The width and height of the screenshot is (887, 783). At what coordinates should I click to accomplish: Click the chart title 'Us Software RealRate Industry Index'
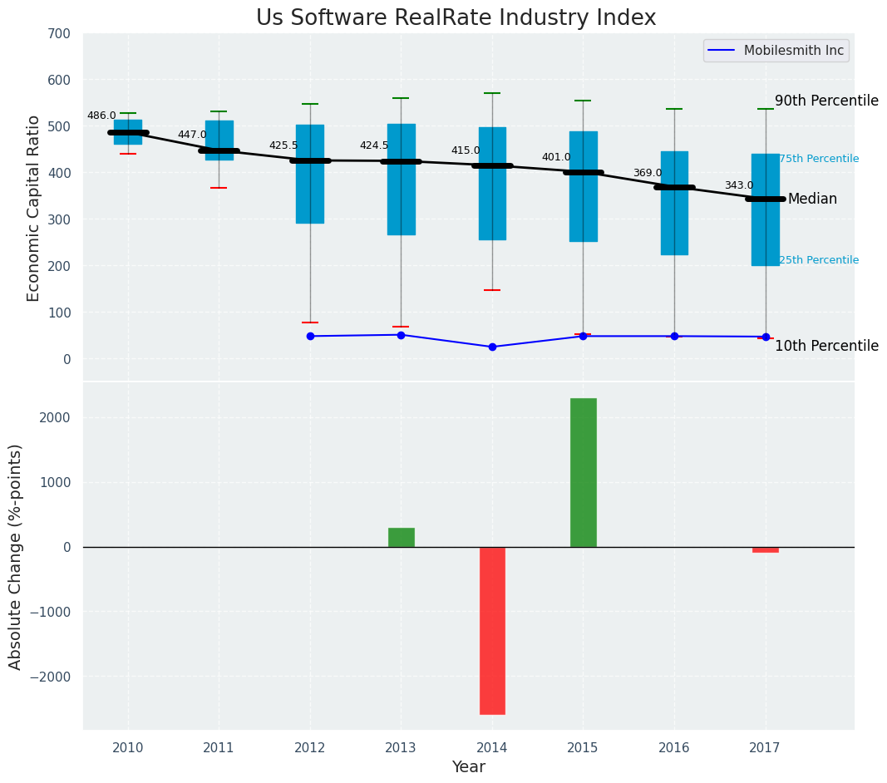pos(456,18)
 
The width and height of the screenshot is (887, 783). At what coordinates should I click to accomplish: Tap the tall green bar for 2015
pos(583,472)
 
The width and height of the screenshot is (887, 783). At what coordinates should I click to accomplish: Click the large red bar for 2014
pos(492,630)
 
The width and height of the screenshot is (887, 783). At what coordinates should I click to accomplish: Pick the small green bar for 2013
pos(401,537)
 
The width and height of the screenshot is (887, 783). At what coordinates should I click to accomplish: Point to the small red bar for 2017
pos(765,549)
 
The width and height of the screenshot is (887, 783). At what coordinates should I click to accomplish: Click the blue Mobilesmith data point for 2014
pos(492,347)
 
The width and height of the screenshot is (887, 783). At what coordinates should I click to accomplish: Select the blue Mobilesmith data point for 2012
pos(310,336)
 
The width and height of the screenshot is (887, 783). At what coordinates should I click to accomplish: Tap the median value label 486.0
pos(101,116)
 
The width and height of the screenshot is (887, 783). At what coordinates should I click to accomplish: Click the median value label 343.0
pos(738,185)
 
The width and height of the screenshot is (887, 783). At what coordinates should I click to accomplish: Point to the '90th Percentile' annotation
pos(826,101)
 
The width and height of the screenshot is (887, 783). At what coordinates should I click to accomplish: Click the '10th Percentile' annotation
pos(826,346)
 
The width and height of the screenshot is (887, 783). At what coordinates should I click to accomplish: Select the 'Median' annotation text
pos(812,199)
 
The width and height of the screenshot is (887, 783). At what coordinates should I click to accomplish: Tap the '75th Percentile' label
pos(818,159)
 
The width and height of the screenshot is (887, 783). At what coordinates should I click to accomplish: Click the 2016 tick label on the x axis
pos(674,747)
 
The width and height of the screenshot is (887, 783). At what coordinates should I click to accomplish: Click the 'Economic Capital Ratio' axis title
pos(34,208)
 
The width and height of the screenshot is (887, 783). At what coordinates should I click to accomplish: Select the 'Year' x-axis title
pos(468,767)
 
